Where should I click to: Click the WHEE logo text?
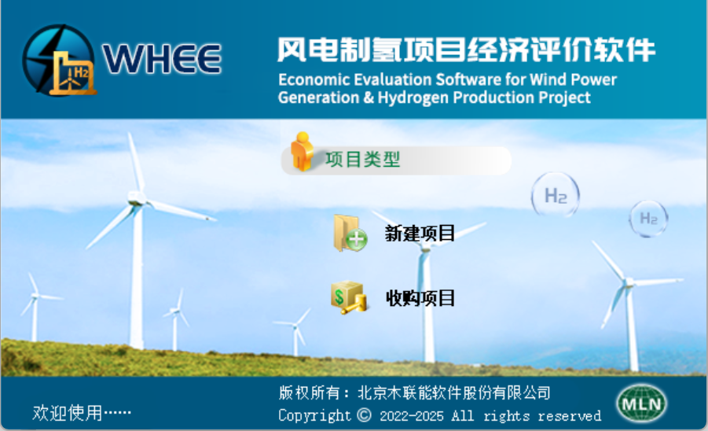point(162,58)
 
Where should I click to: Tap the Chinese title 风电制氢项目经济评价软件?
point(465,50)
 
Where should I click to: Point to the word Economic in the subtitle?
point(311,79)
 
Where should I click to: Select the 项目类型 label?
point(363,160)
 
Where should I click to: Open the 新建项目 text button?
point(420,234)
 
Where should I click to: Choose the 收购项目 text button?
point(420,298)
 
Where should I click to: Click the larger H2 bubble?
point(556,195)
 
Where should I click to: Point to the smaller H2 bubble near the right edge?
point(648,218)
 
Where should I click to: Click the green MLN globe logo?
point(641,403)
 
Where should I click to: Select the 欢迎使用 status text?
point(82,412)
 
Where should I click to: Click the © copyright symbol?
point(363,414)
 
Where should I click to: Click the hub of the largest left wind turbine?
point(136,201)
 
